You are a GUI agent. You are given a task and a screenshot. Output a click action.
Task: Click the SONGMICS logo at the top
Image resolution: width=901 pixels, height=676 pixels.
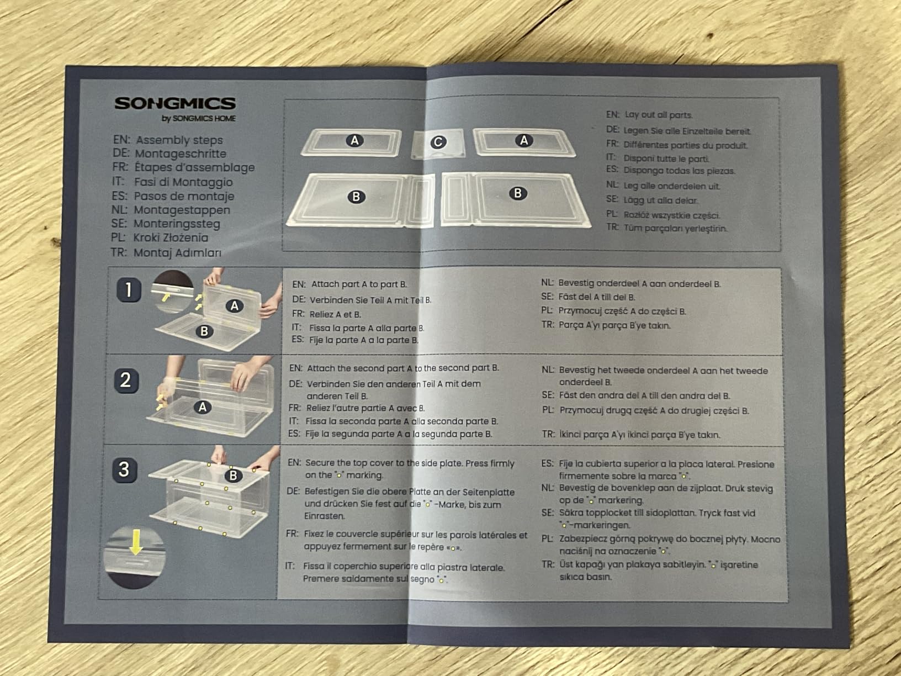(x=175, y=103)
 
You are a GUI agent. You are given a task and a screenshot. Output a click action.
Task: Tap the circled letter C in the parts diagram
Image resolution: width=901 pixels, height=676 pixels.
(x=438, y=142)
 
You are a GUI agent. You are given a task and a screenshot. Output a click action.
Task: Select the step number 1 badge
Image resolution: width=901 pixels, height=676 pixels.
(x=129, y=290)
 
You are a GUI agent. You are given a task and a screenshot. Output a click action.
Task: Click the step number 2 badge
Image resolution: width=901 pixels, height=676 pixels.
(x=126, y=381)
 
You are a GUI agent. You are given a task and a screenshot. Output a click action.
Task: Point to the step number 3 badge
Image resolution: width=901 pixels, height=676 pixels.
(x=124, y=469)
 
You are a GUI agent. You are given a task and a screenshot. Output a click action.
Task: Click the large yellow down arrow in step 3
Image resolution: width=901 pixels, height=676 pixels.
(x=136, y=542)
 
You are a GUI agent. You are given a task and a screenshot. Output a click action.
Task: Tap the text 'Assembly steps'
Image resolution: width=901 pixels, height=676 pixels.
(x=179, y=140)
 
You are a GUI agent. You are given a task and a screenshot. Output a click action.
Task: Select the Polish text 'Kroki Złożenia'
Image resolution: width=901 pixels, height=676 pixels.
(x=171, y=237)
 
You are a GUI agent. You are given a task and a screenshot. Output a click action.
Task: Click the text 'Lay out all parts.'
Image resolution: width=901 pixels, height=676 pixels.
(x=659, y=115)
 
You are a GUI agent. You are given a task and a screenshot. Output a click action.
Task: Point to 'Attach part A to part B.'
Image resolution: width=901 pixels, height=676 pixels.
(x=359, y=284)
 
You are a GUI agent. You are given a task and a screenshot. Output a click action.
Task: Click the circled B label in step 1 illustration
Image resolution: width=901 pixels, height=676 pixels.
(x=204, y=331)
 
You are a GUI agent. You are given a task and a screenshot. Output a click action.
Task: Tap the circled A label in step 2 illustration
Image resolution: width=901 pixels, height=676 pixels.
(x=203, y=407)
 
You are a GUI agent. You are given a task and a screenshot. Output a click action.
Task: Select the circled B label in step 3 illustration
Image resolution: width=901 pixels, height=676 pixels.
(x=233, y=476)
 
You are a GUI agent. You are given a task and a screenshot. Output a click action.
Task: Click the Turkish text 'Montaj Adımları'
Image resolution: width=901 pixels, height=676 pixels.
(x=177, y=252)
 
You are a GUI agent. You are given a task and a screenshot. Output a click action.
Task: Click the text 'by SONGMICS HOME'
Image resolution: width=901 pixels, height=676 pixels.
(x=199, y=119)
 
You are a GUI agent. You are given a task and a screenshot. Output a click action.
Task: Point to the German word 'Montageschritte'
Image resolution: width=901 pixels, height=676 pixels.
(x=181, y=154)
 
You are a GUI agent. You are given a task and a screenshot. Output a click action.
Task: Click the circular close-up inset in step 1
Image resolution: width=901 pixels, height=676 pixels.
(x=173, y=291)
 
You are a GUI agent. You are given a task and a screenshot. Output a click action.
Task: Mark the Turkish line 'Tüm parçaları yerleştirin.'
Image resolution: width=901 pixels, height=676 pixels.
(x=676, y=228)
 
